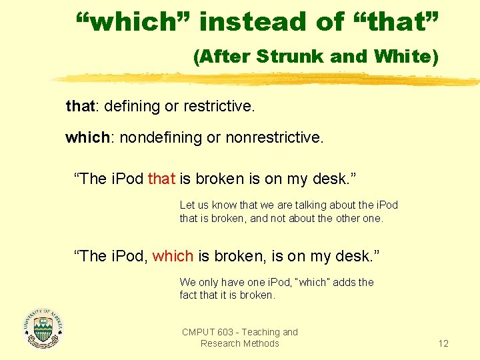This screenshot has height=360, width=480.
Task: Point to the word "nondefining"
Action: tap(157, 138)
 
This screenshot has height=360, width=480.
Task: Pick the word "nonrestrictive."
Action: tap(274, 138)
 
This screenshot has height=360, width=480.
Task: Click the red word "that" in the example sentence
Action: tap(161, 179)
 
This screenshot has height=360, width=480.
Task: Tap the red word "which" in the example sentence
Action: tap(173, 256)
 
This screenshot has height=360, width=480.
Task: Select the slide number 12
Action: tap(443, 343)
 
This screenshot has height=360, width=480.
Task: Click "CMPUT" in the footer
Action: tap(198, 332)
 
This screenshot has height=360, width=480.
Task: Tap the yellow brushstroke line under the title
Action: tap(267, 80)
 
